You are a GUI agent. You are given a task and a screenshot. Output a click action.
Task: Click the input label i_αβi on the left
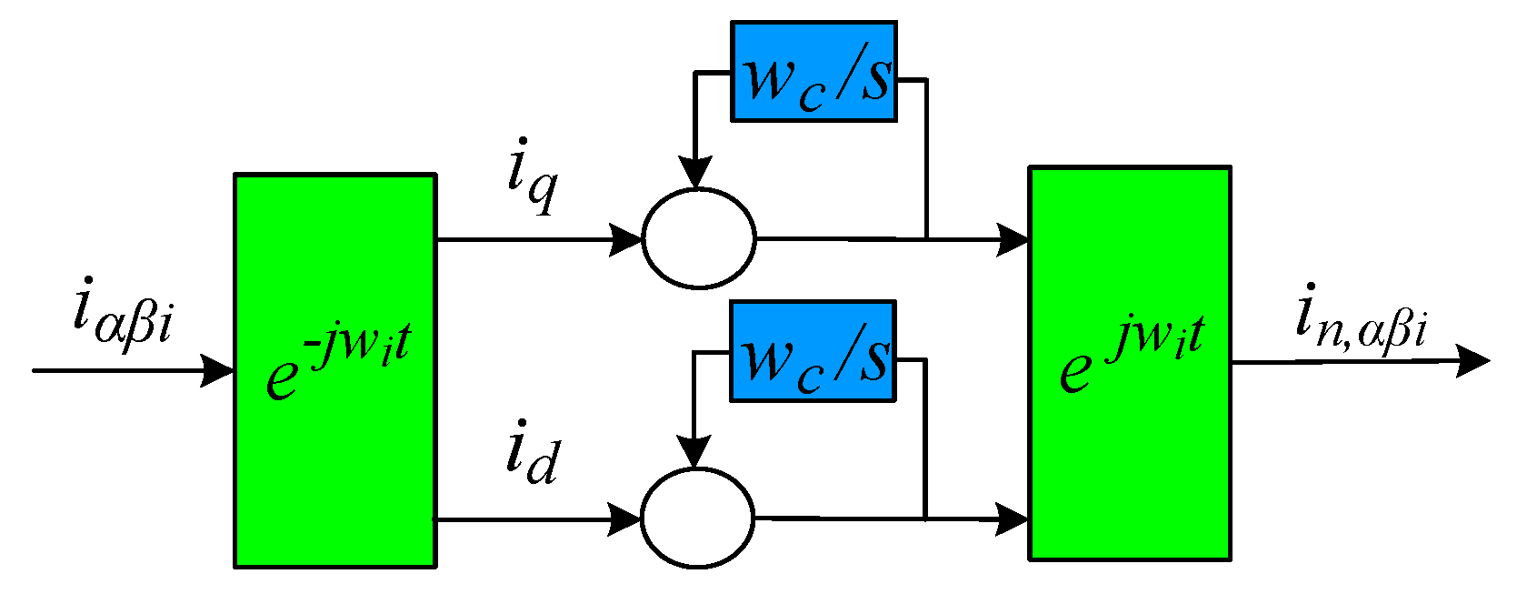122,314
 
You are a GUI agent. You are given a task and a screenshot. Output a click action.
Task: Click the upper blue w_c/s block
813,72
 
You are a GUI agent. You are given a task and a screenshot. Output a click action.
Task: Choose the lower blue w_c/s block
813,351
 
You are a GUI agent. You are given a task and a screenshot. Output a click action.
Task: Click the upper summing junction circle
698,239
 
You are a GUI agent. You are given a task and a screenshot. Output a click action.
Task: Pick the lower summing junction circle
697,518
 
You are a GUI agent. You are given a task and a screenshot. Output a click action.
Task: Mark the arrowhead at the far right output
1472,361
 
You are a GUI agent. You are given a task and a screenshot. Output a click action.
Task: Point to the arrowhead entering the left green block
218,370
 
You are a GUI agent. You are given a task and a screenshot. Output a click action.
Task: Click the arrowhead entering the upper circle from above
696,173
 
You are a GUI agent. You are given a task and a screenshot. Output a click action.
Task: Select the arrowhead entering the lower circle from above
695,452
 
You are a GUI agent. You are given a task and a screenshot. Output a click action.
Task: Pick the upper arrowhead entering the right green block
1013,239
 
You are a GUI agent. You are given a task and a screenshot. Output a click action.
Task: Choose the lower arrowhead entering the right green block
1013,519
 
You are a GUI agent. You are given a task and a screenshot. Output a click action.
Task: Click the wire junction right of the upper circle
925,239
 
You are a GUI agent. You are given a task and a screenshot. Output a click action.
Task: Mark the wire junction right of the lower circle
925,519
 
